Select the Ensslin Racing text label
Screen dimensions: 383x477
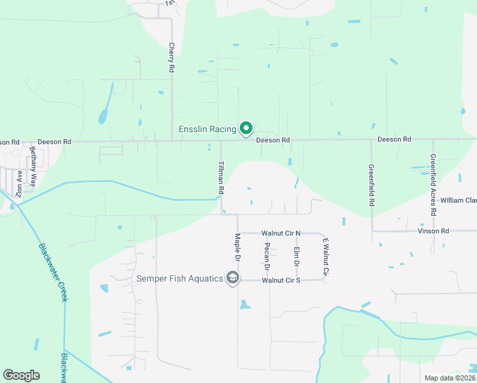[207, 129]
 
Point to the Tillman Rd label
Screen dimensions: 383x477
[221, 177]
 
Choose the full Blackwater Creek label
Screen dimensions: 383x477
[53, 273]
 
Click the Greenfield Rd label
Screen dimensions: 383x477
[371, 184]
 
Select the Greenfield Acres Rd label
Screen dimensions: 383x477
[433, 184]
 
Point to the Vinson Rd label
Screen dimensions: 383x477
[434, 230]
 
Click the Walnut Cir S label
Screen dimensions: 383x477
[281, 280]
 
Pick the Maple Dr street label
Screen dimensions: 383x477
[237, 248]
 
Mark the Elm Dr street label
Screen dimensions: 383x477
[297, 257]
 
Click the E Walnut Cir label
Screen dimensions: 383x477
[325, 257]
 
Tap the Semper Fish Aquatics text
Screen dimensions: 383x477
[179, 278]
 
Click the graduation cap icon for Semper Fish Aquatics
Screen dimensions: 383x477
[233, 278]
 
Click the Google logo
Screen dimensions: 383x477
[21, 375]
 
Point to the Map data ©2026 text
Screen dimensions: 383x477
[449, 378]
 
